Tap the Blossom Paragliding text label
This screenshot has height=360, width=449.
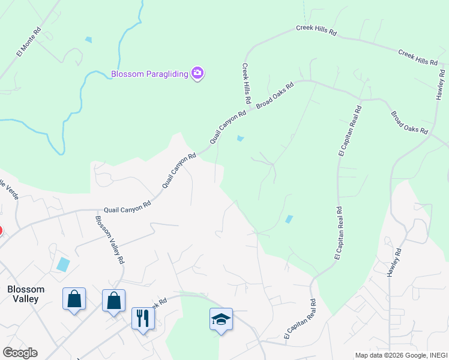click(149, 74)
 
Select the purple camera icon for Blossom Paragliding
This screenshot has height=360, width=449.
click(198, 73)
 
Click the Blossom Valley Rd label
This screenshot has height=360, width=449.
click(109, 239)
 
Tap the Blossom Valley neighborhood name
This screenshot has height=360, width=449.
click(23, 293)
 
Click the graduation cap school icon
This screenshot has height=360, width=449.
click(221, 319)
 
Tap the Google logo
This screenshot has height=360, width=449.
click(20, 353)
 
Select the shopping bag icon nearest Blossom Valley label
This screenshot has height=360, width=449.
click(74, 298)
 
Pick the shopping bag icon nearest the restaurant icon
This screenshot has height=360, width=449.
click(113, 299)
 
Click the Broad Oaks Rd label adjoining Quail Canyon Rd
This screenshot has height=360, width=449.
click(275, 95)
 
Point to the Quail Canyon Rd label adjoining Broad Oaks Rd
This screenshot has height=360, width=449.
click(228, 126)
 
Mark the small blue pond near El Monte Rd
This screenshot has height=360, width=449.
click(89, 40)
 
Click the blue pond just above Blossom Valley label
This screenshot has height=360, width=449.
click(62, 264)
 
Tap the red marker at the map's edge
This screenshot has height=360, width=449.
click(1, 230)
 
